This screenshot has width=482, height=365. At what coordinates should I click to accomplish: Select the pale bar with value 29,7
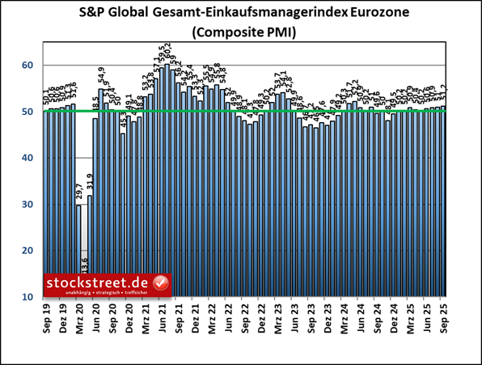[78, 251]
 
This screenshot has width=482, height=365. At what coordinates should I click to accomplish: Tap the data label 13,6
[84, 265]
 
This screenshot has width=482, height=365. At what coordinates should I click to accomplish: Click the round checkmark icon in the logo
[160, 283]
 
